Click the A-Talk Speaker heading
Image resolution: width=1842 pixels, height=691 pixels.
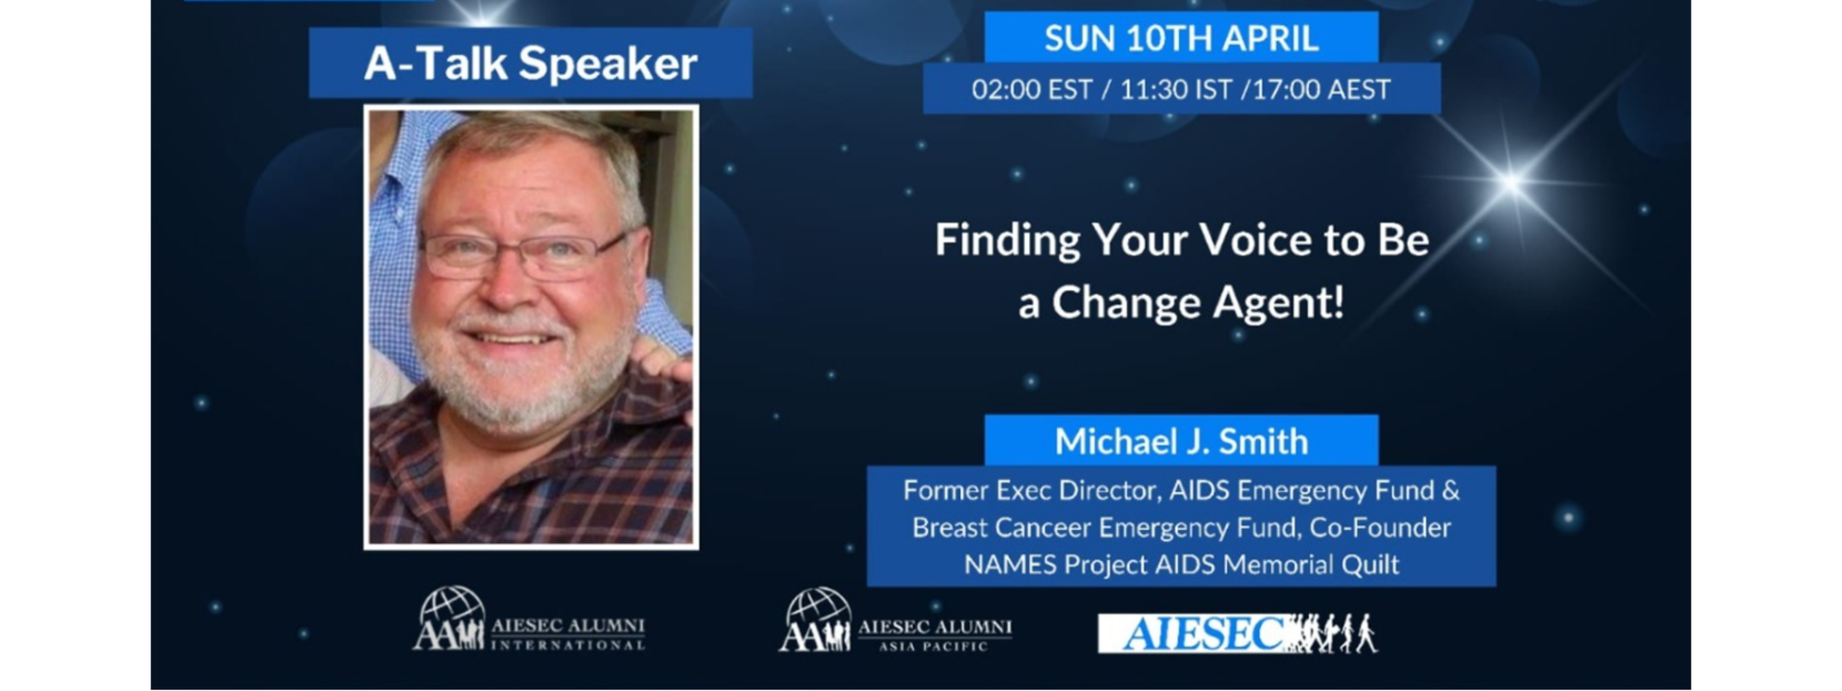tap(530, 64)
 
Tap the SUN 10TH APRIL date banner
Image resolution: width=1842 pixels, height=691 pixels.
tap(1181, 38)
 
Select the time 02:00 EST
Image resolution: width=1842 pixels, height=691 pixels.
tap(1031, 89)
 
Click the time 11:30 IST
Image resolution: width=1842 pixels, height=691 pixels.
tap(1176, 89)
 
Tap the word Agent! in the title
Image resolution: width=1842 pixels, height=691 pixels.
tap(1279, 304)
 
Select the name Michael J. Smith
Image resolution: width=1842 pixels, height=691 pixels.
tap(1181, 441)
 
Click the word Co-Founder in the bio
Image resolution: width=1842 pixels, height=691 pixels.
tap(1380, 527)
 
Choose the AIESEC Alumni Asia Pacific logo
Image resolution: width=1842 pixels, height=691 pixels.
tap(895, 620)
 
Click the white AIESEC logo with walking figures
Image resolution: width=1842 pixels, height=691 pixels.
tap(1238, 634)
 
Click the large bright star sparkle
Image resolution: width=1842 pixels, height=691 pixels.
tap(1512, 182)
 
